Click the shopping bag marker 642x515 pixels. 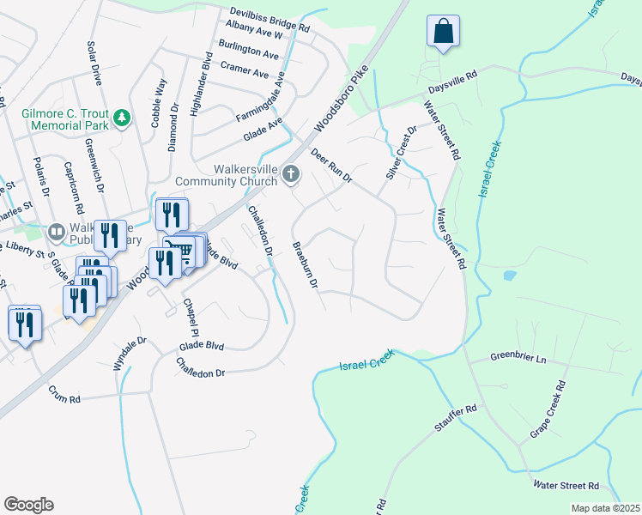tap(443, 32)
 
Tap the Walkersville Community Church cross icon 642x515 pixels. tap(291, 175)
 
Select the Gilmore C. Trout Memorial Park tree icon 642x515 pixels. tap(122, 117)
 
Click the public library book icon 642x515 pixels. tap(57, 232)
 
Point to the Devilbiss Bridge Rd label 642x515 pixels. tap(270, 21)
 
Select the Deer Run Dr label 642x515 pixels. tap(332, 166)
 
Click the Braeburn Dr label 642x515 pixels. tap(306, 264)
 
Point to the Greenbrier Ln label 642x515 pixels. tap(518, 356)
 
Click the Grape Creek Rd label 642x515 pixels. tap(549, 410)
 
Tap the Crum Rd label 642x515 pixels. tap(64, 399)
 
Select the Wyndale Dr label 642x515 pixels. tap(130, 353)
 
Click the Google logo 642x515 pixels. tap(28, 505)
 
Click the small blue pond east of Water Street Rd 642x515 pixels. tap(511, 276)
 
